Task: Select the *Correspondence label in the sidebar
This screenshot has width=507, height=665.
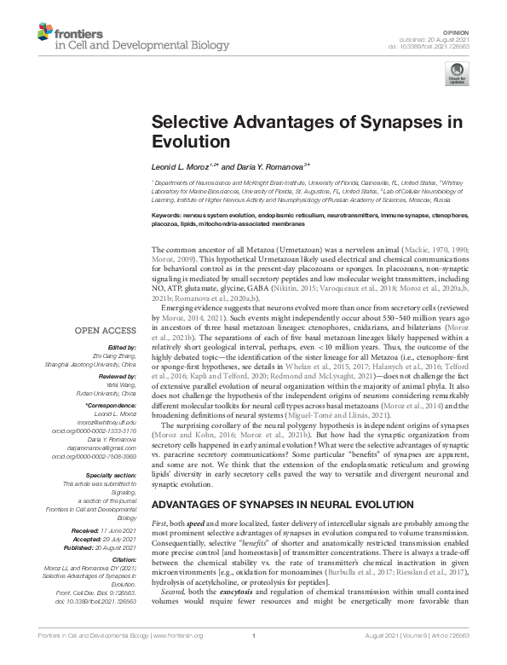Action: coord(116,405)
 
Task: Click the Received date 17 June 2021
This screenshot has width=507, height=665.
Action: coord(120,530)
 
